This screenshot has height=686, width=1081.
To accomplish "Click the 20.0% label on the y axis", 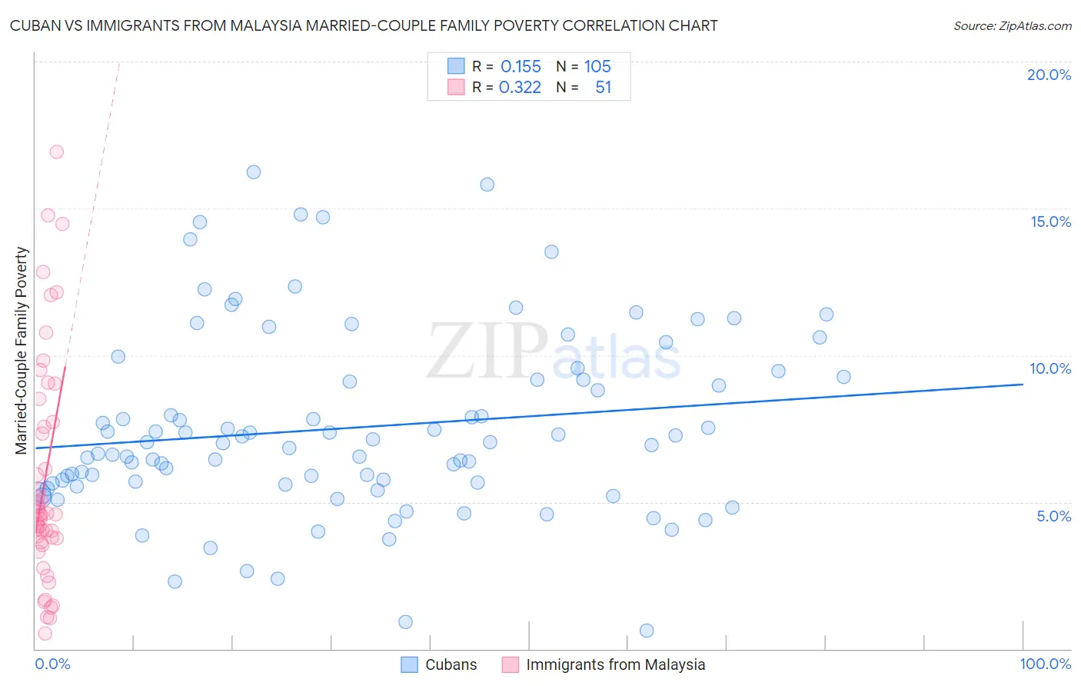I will pos(1049,75).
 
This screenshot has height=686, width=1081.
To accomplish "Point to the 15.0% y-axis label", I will pos(1050,221).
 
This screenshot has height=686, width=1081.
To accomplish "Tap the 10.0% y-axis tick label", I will pos(1050,368).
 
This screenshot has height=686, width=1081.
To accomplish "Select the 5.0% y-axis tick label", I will pos(1053,516).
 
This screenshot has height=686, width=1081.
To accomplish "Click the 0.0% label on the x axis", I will pos(52,664).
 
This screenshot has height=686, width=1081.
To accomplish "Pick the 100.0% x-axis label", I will pos(1045,664).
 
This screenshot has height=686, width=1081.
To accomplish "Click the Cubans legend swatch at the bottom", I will pos(410,664).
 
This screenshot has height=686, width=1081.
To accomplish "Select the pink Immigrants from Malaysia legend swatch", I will pos(510,664).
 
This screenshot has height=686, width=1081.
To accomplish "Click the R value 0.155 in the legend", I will pos(521,67).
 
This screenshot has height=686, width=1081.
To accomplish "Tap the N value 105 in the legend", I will pos(597,67).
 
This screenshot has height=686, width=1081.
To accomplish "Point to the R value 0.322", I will pos(520,88).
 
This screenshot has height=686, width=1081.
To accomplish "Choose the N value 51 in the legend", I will pos(603,88).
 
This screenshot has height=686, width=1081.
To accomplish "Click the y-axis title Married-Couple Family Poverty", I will pos(22,351).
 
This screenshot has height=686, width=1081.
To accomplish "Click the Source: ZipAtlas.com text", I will pos(1012,26).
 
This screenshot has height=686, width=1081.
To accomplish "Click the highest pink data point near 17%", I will pos(56,152).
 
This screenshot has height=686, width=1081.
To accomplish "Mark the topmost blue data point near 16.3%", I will pos(254,172).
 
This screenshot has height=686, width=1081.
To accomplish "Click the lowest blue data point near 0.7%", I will pos(647,631).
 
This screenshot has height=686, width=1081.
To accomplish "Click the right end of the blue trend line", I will pos(1023,383).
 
